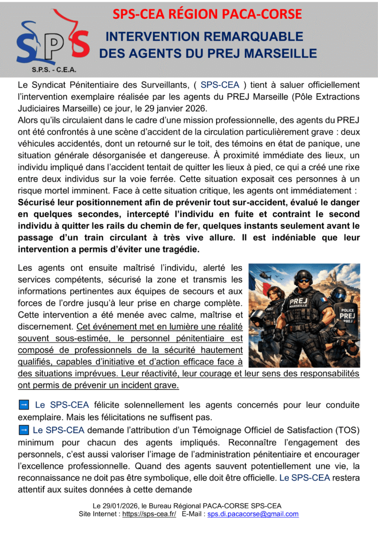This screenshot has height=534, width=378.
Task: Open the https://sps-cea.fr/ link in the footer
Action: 149,514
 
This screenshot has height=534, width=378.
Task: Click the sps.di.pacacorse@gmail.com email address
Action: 253,514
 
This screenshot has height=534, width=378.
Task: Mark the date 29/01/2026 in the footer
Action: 123,505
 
